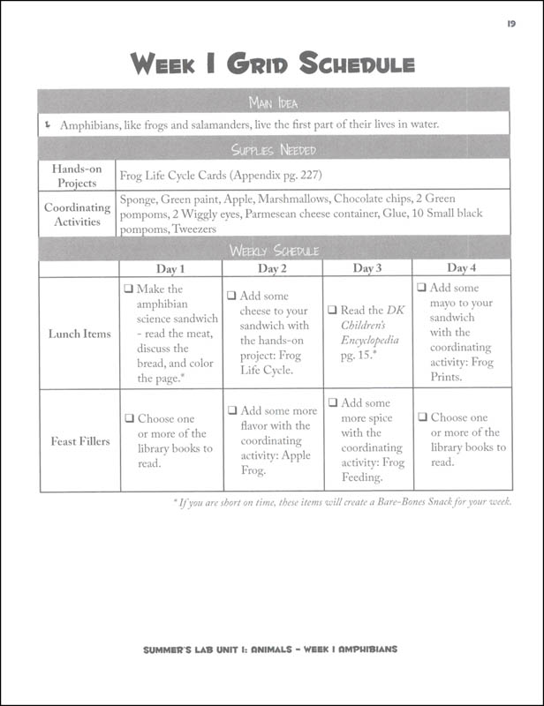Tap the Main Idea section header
click(x=273, y=100)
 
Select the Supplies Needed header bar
click(x=273, y=149)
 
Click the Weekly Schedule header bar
click(x=273, y=251)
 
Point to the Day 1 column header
click(x=170, y=268)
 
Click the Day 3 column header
click(x=366, y=268)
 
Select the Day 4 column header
click(x=461, y=268)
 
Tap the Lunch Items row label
click(x=79, y=334)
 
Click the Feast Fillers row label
click(x=79, y=440)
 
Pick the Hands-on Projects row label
click(x=79, y=175)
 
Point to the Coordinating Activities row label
click(x=79, y=215)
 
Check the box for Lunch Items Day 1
click(x=129, y=289)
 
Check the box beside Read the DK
click(x=333, y=311)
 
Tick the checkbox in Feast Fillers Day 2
click(x=231, y=410)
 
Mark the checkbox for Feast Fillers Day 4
click(x=422, y=417)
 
